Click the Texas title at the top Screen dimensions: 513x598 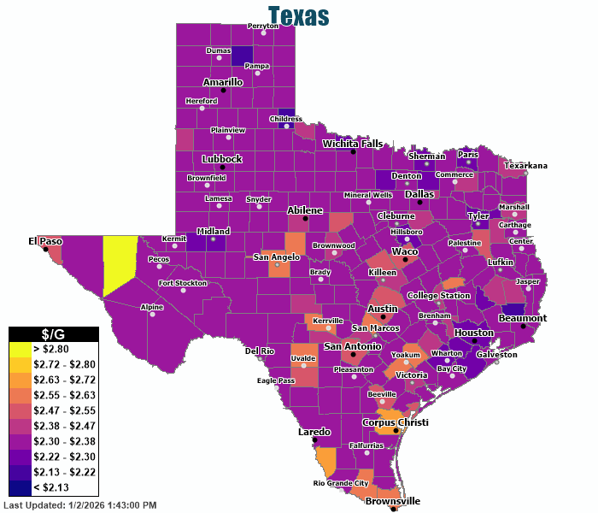pyautogui.click(x=298, y=15)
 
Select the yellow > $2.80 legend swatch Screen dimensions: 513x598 pyautogui.click(x=20, y=350)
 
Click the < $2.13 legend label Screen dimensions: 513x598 pyautogui.click(x=52, y=488)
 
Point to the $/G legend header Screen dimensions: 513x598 pyautogui.click(x=54, y=334)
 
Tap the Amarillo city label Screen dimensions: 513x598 pyautogui.click(x=222, y=82)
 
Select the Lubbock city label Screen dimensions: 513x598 pyautogui.click(x=221, y=159)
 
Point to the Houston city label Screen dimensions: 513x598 pyautogui.click(x=473, y=333)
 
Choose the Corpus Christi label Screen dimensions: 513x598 pyautogui.click(x=395, y=422)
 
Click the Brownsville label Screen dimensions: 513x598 pyautogui.click(x=393, y=501)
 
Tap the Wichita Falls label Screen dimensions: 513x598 pyautogui.click(x=353, y=144)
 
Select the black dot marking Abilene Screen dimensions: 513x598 pyautogui.click(x=306, y=218)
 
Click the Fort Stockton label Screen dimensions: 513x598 pyautogui.click(x=183, y=283)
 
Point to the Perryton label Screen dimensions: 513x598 pyautogui.click(x=263, y=26)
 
